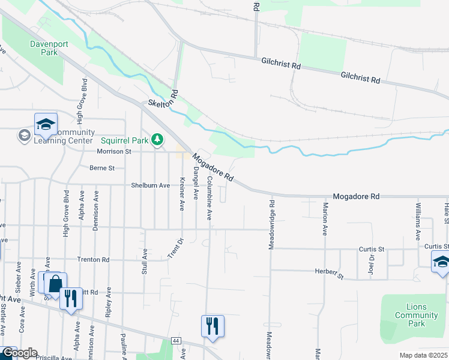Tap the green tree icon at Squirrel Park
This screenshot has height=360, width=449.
point(157,140)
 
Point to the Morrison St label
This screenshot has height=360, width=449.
point(113,152)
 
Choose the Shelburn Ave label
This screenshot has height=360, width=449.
point(151,185)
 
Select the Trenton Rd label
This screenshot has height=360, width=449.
point(93,260)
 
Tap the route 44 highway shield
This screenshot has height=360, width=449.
point(176,341)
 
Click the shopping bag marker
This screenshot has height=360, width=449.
point(55,283)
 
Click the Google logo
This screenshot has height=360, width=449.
point(19,353)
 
